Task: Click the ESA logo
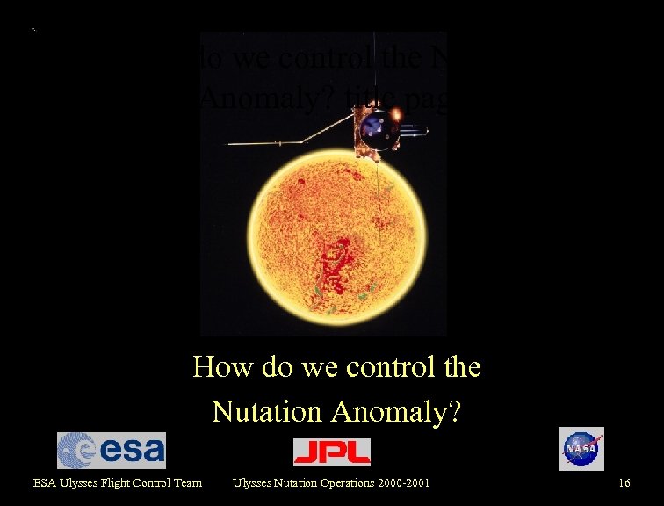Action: [x=111, y=451]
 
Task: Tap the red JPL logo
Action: [x=331, y=452]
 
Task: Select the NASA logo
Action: [x=581, y=449]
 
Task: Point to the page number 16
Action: [x=624, y=482]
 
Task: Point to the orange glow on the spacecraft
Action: [x=396, y=113]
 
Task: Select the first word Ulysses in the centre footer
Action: [x=253, y=482]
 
